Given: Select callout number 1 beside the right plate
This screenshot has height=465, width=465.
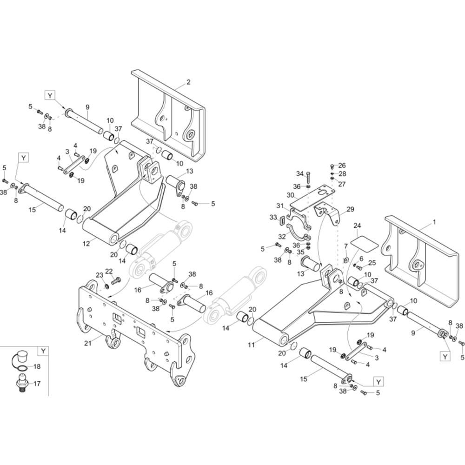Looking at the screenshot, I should tap(434, 222).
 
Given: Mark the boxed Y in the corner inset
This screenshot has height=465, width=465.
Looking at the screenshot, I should tap(43, 351).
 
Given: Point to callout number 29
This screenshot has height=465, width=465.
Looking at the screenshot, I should tap(350, 209).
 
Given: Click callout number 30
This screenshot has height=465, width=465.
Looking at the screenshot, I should tap(291, 195).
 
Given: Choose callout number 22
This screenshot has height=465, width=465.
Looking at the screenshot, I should tap(109, 271).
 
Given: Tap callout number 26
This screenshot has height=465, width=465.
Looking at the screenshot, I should tap(342, 166).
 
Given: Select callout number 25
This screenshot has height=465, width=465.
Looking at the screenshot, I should tap(372, 263).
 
